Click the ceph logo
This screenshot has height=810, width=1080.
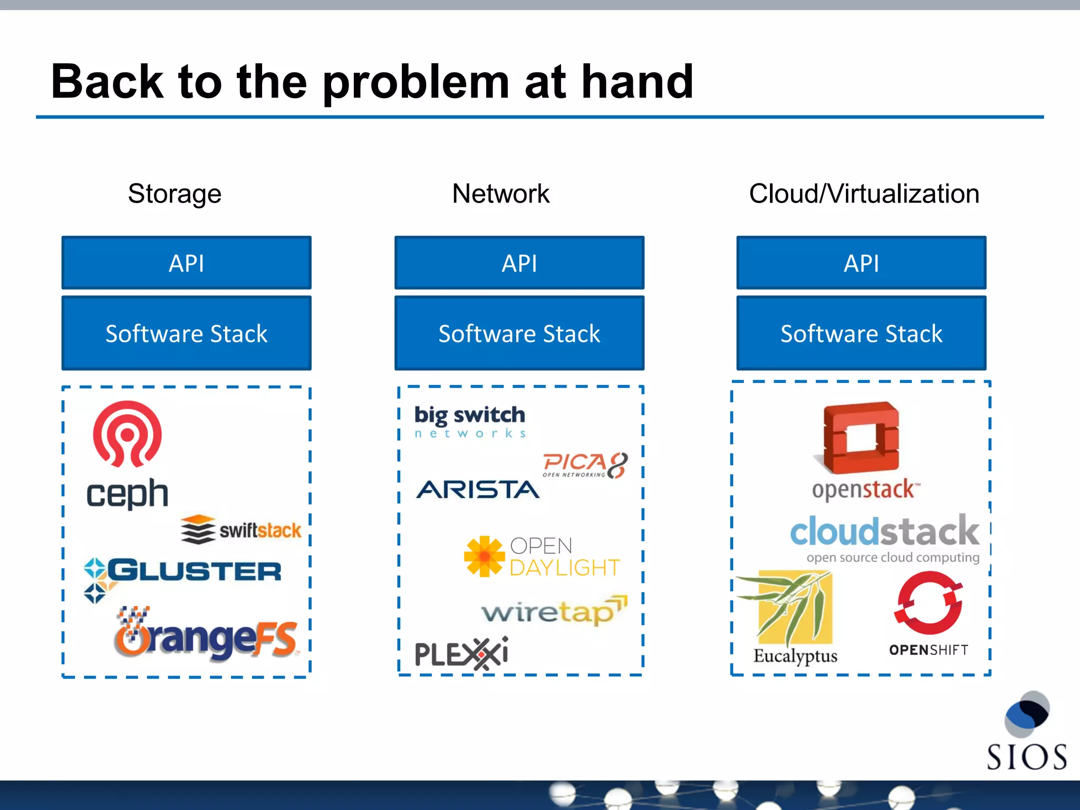127,454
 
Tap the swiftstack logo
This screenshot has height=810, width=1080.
241,529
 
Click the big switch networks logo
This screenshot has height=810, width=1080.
469,421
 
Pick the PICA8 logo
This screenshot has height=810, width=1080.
585,465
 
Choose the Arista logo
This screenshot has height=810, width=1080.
478,490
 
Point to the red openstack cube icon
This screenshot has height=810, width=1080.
861,438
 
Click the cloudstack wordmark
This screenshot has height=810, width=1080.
884,532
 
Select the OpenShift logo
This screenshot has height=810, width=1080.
929,614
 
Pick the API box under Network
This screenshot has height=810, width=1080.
519,263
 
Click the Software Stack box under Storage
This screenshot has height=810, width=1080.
186,333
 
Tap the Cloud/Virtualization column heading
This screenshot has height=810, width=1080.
864,194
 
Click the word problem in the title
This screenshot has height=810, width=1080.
416,82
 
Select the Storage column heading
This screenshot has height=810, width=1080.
175,194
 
